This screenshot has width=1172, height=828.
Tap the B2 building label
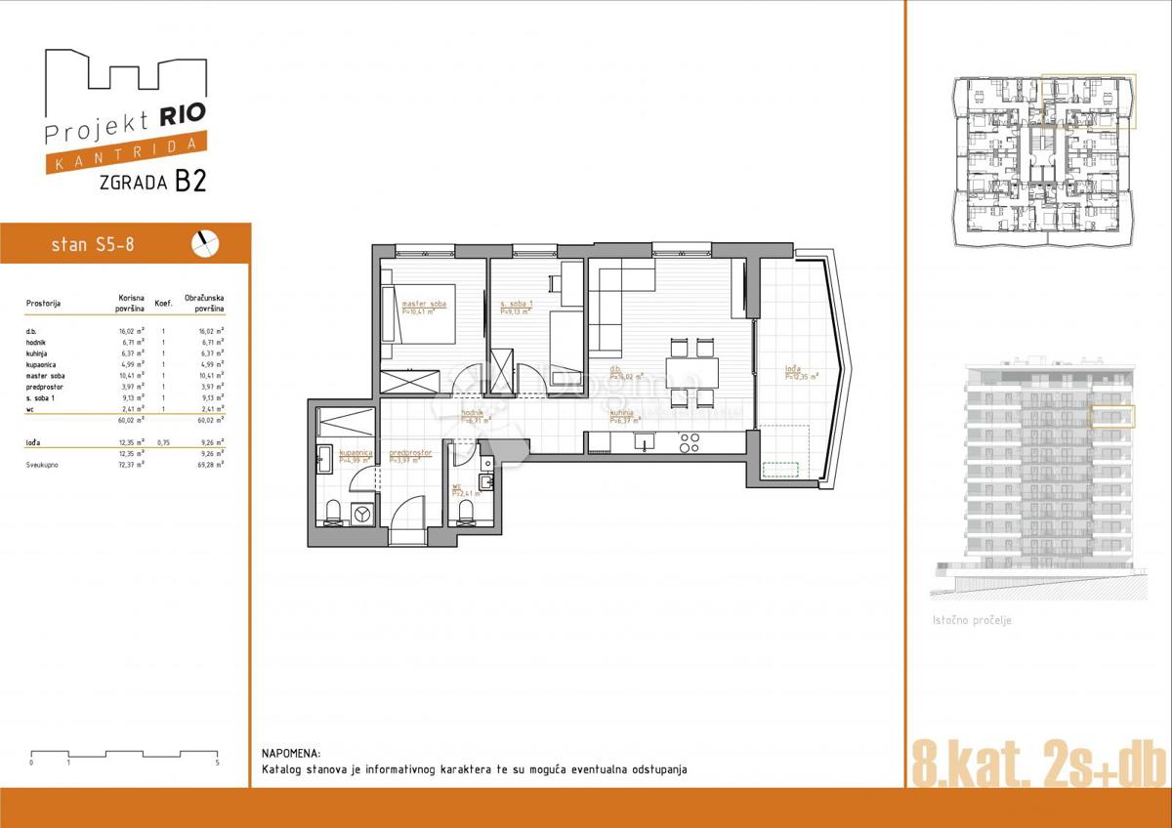(x=190, y=182)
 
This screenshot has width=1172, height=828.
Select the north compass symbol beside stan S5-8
(x=206, y=243)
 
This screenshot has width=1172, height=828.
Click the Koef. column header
(x=164, y=304)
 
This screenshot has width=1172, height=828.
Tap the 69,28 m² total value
(x=209, y=466)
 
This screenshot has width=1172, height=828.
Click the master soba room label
(x=423, y=306)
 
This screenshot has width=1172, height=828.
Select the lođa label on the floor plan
(x=792, y=370)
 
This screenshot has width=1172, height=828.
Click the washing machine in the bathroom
(x=362, y=512)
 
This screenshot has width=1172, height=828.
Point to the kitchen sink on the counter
(x=643, y=442)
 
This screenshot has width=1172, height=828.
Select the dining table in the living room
(x=691, y=372)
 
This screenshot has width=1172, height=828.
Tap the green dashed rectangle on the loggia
(x=780, y=470)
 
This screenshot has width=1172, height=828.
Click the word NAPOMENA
(x=290, y=754)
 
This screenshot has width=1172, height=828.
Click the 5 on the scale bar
(x=217, y=762)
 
